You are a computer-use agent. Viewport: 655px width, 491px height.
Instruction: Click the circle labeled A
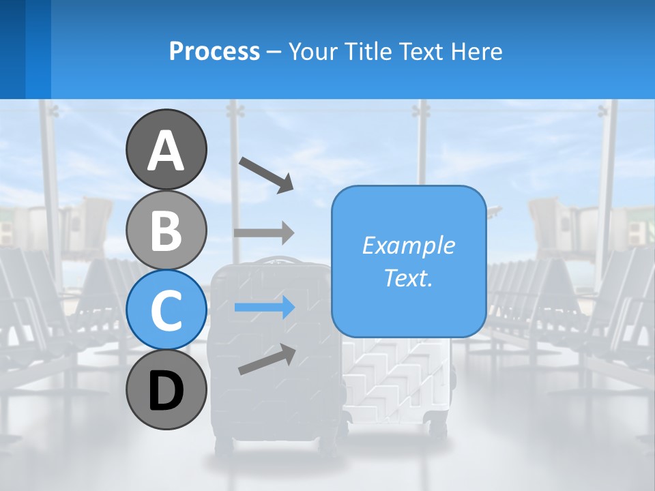(166, 149)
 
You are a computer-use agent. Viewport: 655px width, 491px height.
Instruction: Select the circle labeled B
(166, 230)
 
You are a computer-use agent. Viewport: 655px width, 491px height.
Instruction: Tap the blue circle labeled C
(166, 310)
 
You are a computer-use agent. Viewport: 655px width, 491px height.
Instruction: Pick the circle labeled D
(166, 389)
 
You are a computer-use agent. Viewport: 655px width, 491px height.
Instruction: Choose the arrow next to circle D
(267, 359)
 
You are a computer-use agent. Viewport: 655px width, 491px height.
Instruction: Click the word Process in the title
(214, 51)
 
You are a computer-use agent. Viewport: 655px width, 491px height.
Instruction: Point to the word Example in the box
(408, 245)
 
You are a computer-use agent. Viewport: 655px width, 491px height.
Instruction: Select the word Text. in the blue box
(408, 278)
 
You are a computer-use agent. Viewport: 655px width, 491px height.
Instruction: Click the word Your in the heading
(313, 51)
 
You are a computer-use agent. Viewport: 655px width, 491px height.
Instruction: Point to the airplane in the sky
(496, 211)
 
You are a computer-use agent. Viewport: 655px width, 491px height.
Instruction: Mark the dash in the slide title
(274, 52)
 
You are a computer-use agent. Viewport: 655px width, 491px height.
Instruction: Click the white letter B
(166, 230)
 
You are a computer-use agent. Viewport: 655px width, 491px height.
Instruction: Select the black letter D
(166, 391)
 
